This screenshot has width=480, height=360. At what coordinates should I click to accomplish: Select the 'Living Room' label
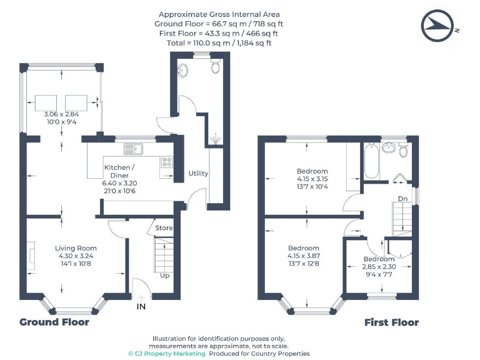[75, 248]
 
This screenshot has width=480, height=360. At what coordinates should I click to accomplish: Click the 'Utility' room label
[198, 173]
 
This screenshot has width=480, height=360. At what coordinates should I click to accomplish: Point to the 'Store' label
[164, 228]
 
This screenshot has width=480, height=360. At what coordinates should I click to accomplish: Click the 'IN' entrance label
[142, 306]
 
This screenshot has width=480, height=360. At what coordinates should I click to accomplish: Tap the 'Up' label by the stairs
[164, 275]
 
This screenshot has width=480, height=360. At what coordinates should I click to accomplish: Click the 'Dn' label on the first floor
[403, 200]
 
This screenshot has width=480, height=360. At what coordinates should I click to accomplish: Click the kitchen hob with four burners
[167, 161]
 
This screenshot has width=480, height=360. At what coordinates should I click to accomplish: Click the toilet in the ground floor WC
[216, 66]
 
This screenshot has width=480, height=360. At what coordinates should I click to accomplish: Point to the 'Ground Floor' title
[54, 322]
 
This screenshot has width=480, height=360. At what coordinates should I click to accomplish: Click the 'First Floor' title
[391, 322]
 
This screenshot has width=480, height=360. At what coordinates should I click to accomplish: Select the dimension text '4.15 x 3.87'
[303, 256]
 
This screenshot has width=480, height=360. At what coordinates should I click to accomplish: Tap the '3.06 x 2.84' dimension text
[61, 114]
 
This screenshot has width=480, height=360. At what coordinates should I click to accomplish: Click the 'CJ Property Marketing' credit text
[167, 354]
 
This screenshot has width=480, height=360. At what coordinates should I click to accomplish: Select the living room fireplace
[32, 256]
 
